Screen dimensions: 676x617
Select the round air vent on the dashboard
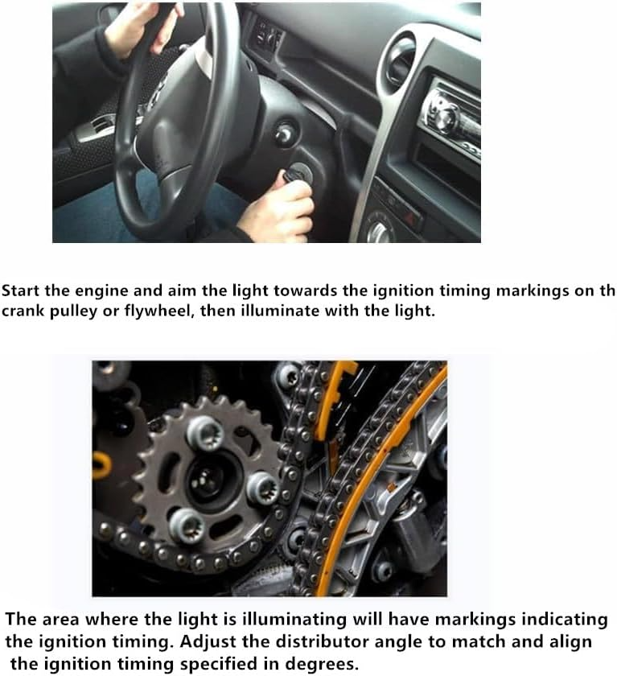point(402,60)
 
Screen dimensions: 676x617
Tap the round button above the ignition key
point(286,131)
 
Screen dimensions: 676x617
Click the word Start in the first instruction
point(20,291)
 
